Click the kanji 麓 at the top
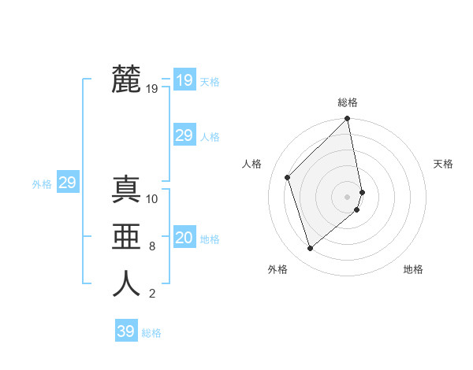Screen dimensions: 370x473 coord(126,79)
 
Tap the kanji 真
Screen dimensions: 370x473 coord(126,189)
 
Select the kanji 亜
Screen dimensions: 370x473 coord(126,236)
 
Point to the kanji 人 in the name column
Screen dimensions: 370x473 coord(126,283)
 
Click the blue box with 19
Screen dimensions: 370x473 coord(184,80)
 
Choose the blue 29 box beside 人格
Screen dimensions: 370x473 coord(184,135)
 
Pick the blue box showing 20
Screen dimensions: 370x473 coord(184,238)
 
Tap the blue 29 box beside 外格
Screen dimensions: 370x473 coord(67,183)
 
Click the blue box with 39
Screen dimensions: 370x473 coord(125,331)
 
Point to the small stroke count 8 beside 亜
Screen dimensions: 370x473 coord(151,246)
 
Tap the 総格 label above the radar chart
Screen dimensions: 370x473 coord(347,102)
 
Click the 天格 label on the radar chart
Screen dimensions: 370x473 coord(443,164)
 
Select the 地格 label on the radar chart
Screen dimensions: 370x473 coord(413,269)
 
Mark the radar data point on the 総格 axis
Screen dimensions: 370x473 coord(348,120)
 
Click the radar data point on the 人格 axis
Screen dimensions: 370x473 coord(288,177)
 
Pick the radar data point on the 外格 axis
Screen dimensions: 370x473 coord(311,249)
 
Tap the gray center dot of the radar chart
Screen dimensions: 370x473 coord(347,196)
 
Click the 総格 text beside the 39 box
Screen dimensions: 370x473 coord(151,333)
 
